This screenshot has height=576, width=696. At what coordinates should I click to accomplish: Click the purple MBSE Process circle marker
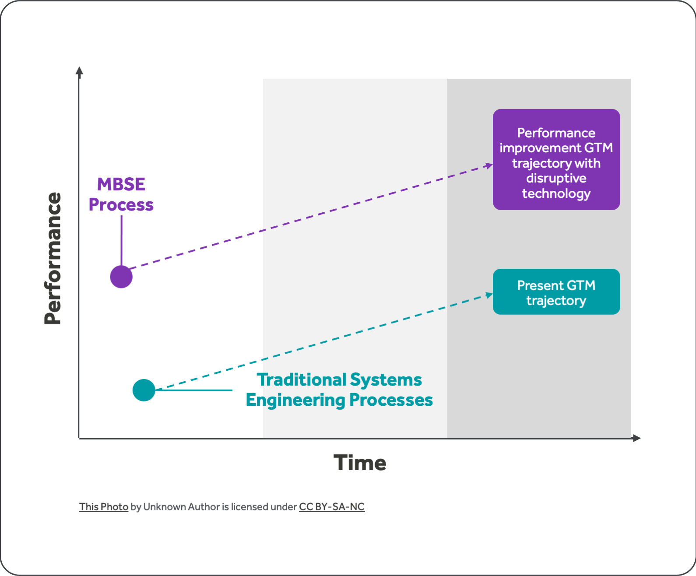[121, 277]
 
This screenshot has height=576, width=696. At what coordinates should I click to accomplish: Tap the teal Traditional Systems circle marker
[144, 390]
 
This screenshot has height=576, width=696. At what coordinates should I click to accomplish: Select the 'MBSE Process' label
[121, 194]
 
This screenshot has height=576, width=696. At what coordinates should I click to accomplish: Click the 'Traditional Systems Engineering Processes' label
[339, 390]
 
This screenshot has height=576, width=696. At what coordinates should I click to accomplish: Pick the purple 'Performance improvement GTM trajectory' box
[556, 159]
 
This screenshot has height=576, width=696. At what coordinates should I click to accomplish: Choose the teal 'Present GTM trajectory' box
[556, 292]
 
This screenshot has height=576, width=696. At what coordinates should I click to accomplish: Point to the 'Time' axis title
[360, 463]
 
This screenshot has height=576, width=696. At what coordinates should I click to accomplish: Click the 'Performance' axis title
[53, 258]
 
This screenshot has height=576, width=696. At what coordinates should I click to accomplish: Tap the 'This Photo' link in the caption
[104, 507]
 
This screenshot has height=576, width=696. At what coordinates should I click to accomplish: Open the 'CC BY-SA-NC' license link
[332, 507]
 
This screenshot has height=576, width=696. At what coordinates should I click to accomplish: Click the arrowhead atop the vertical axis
[79, 71]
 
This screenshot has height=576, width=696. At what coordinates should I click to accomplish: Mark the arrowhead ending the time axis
[637, 438]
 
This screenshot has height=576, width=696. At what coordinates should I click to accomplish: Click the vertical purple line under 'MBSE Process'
[122, 241]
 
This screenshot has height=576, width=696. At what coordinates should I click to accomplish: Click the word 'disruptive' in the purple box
[556, 178]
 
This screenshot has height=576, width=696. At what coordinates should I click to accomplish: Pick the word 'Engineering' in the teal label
[295, 400]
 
